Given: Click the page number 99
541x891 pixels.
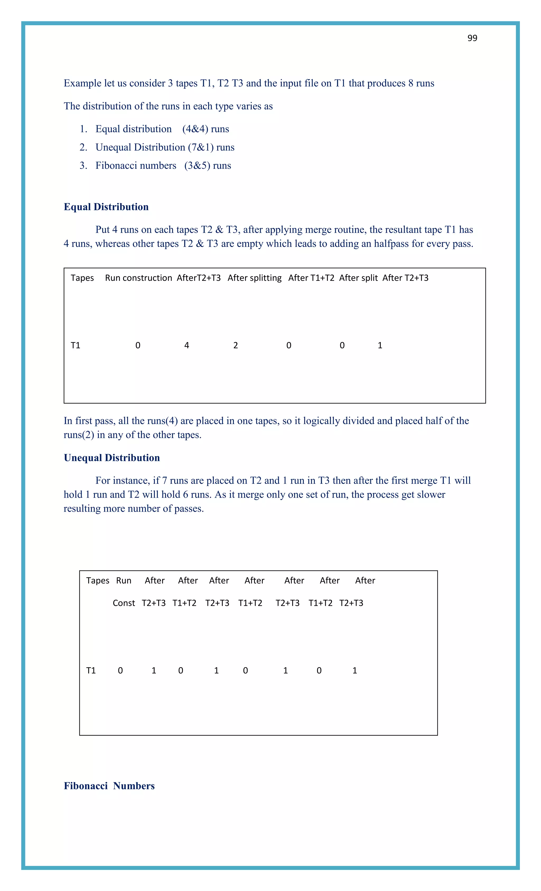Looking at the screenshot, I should coord(472,38).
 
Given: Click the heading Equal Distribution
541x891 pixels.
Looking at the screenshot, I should coord(106,207).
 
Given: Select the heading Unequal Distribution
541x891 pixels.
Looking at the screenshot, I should coord(111,458).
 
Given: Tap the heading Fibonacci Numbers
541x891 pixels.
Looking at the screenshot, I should coord(109,786).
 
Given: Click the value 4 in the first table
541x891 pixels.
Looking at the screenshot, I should coord(186,345).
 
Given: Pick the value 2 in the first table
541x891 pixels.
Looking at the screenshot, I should coord(235,345).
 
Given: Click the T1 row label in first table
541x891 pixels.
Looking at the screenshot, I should coord(76,345).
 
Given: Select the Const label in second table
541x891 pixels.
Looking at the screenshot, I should coord(124,603).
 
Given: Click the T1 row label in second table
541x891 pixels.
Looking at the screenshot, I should coord(91,670).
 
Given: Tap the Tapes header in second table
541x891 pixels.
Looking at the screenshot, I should coord(98,580).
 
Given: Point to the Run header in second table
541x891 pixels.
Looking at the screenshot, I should coord(124,580).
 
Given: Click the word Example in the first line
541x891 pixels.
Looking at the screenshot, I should coord(82,83).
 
